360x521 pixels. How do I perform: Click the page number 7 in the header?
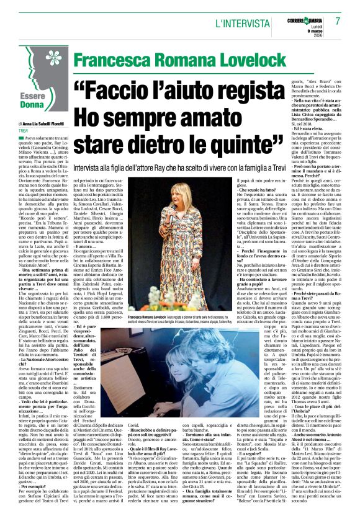(338, 20)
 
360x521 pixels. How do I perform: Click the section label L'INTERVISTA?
(239, 24)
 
